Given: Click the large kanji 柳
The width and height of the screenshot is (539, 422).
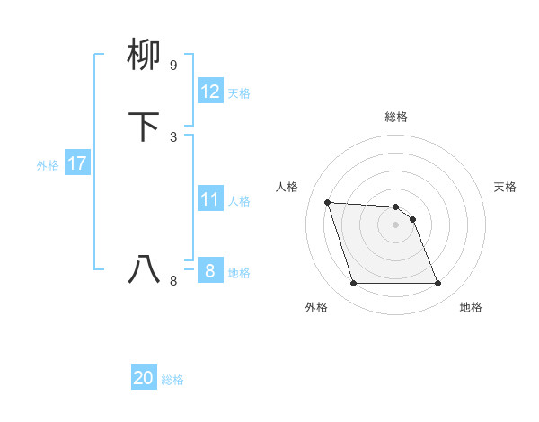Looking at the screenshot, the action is click(x=146, y=55).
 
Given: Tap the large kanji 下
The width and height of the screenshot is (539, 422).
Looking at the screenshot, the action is click(x=146, y=126).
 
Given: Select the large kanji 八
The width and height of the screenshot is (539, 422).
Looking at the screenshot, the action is click(x=146, y=268).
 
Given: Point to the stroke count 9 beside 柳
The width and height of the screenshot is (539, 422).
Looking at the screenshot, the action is click(x=173, y=66).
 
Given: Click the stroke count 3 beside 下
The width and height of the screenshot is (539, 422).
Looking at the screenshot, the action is click(x=173, y=136).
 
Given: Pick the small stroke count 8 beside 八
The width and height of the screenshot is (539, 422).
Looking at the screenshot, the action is click(x=173, y=280).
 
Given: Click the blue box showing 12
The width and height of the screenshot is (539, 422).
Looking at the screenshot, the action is click(x=209, y=92).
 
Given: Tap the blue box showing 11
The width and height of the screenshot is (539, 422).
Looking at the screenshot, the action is click(x=209, y=199).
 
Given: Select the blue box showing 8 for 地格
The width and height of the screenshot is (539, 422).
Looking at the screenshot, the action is click(x=209, y=271).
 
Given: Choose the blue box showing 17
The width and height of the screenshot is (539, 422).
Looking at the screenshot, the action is click(x=76, y=163).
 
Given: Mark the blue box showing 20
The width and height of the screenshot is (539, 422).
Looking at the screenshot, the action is click(x=144, y=378).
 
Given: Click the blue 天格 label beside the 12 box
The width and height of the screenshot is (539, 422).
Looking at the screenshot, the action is click(x=239, y=93).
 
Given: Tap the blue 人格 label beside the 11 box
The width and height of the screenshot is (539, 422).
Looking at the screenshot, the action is click(x=239, y=201).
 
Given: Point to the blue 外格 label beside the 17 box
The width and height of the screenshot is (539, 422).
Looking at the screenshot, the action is click(x=48, y=165).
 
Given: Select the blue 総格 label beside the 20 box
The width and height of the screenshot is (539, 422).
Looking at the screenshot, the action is click(x=173, y=380).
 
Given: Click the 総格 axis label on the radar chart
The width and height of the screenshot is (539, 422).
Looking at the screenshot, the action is click(x=396, y=117).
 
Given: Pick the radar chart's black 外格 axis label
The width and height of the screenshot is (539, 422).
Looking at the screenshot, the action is click(x=316, y=307).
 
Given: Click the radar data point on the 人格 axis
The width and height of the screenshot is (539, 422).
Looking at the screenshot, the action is click(x=327, y=202).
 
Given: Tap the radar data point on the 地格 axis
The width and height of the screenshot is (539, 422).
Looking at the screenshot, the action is click(x=437, y=284).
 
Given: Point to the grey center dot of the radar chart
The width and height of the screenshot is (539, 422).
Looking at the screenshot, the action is click(x=395, y=224).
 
